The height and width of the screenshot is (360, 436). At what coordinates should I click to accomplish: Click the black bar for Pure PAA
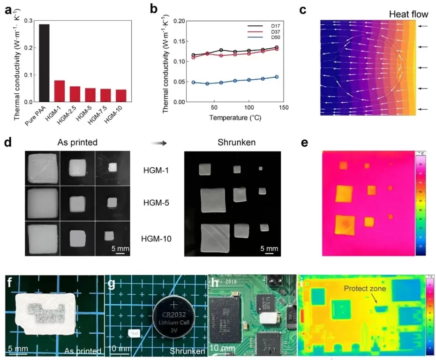click(44, 63)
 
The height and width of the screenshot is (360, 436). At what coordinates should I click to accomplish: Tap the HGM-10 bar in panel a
click(121, 96)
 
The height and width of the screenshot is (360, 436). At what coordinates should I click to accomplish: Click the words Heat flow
click(402, 15)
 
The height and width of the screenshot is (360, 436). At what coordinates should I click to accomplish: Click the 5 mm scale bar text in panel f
click(18, 349)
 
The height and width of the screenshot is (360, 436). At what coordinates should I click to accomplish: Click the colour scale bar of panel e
click(420, 204)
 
